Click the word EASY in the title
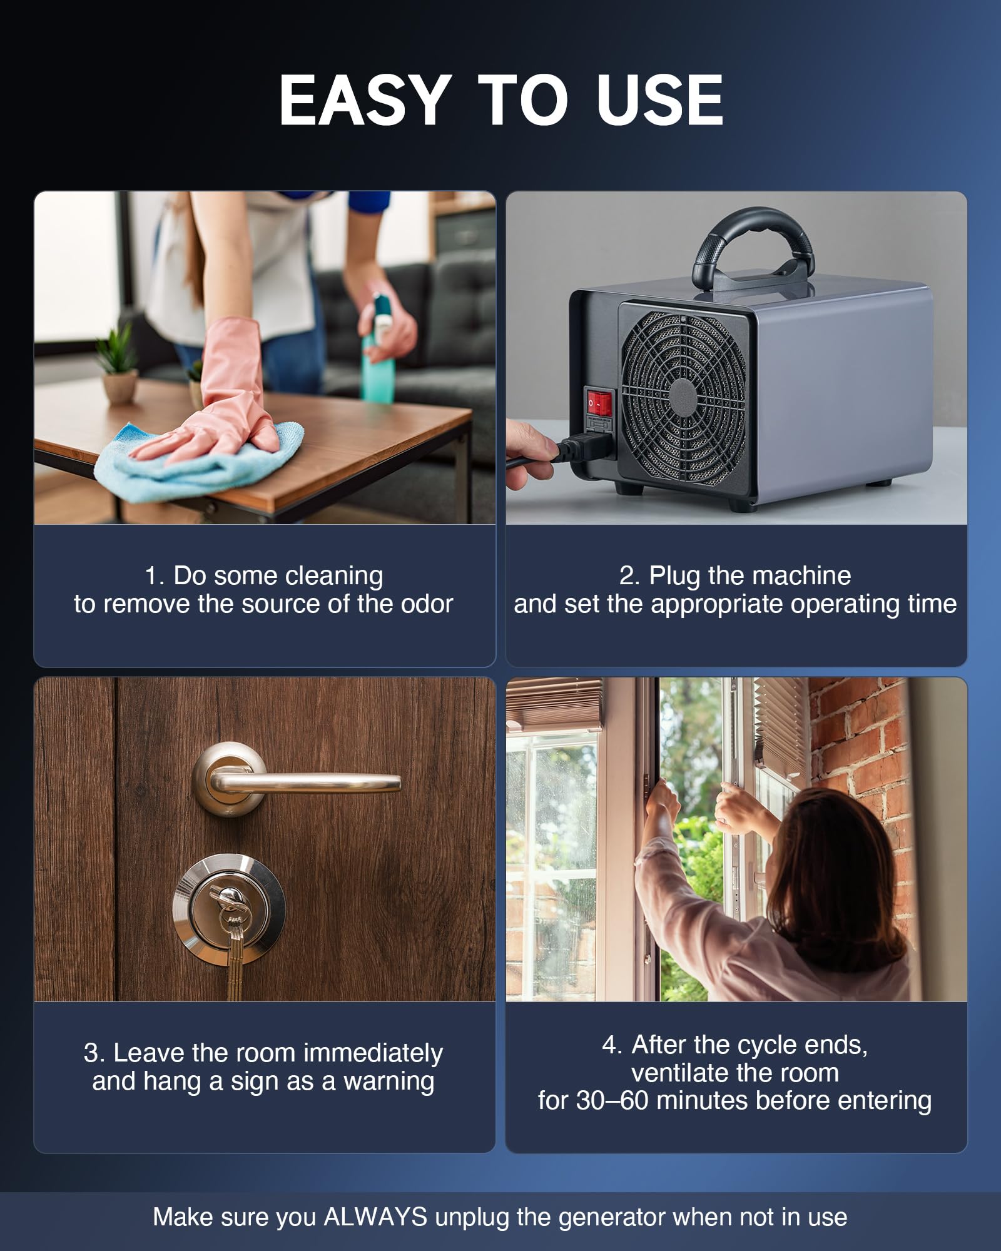365,100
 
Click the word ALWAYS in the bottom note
375,1217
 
